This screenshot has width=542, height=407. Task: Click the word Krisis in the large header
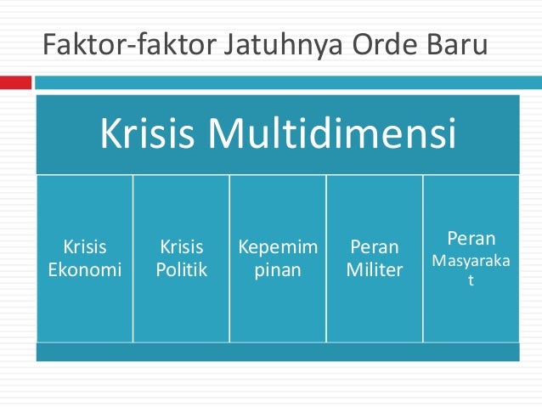(149, 133)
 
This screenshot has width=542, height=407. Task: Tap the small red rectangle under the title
(15, 82)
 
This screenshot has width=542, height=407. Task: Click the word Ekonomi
(85, 270)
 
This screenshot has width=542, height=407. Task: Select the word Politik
(182, 270)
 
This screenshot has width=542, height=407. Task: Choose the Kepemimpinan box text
(278, 259)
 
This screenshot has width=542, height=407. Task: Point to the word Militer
(375, 270)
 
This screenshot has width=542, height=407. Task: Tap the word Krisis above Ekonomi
(85, 247)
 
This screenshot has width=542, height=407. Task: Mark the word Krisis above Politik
(182, 247)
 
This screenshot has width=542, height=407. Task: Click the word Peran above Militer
(375, 247)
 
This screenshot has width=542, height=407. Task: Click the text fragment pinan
(278, 270)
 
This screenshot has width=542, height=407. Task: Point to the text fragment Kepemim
(278, 247)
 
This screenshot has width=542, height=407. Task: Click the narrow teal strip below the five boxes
(278, 351)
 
